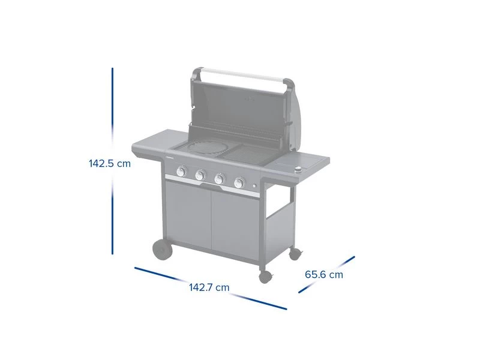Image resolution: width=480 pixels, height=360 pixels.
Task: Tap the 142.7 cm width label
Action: [x=209, y=287]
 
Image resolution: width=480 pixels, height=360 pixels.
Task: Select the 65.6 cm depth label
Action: [x=324, y=275]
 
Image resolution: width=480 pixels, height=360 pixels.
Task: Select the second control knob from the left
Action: [x=200, y=176]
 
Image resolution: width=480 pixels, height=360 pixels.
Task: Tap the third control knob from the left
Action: [x=220, y=179]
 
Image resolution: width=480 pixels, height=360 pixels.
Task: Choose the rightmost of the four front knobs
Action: [x=239, y=182]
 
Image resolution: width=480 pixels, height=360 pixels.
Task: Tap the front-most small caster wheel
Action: [x=265, y=277]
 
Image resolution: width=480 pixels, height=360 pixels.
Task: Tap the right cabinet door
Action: [x=235, y=224]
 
